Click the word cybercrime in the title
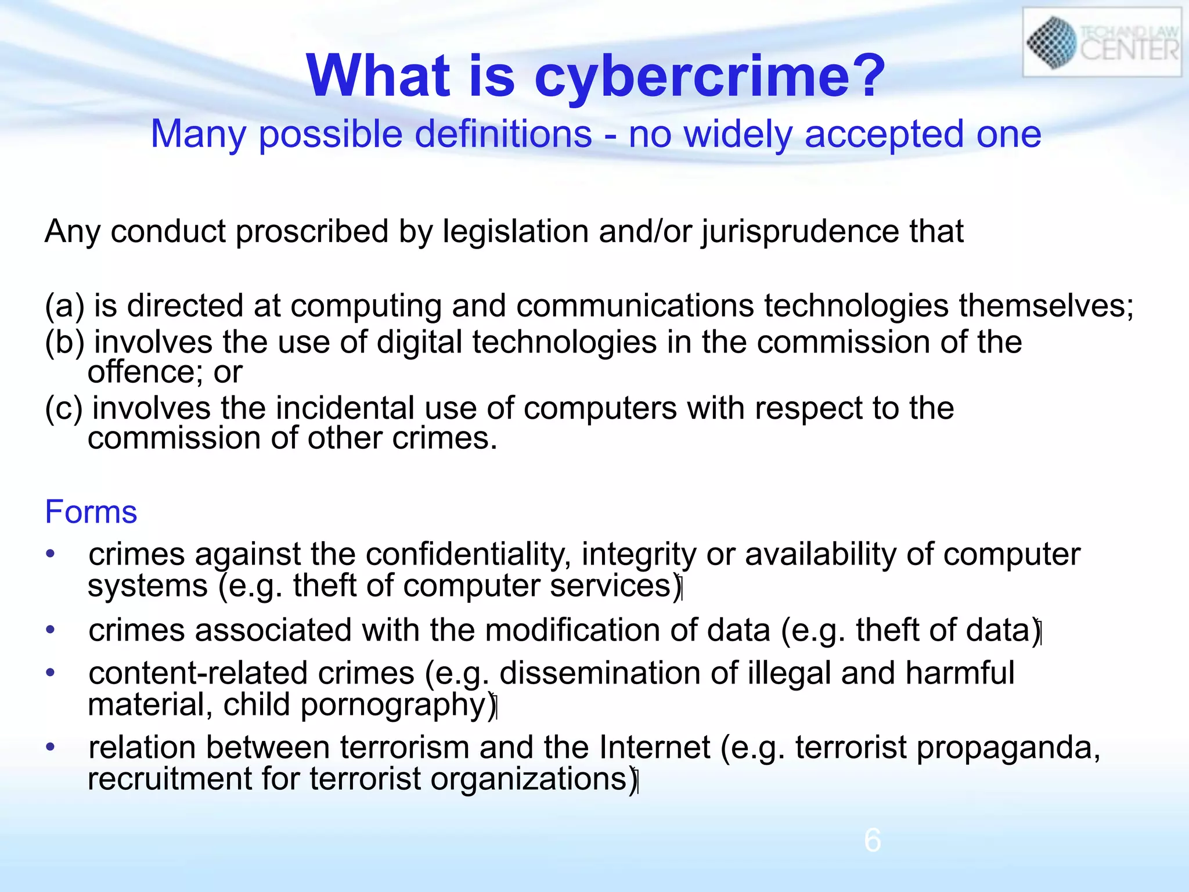[708, 77]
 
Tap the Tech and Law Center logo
[1102, 43]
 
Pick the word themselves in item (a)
[1045, 306]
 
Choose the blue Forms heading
[91, 512]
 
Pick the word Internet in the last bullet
[655, 747]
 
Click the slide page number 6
[872, 840]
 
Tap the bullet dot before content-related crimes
[51, 673]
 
